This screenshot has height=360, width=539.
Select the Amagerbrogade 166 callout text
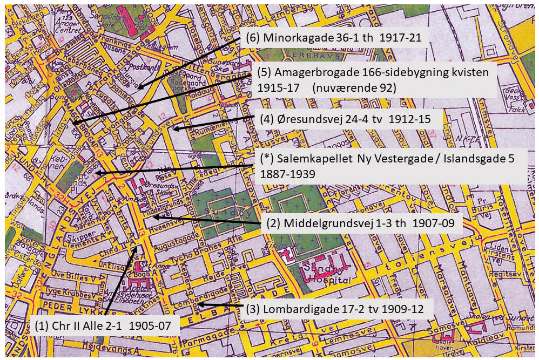coord(373,80)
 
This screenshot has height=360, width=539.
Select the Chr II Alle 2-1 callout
coord(99,327)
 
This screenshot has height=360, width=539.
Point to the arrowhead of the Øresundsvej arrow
coord(173,128)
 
